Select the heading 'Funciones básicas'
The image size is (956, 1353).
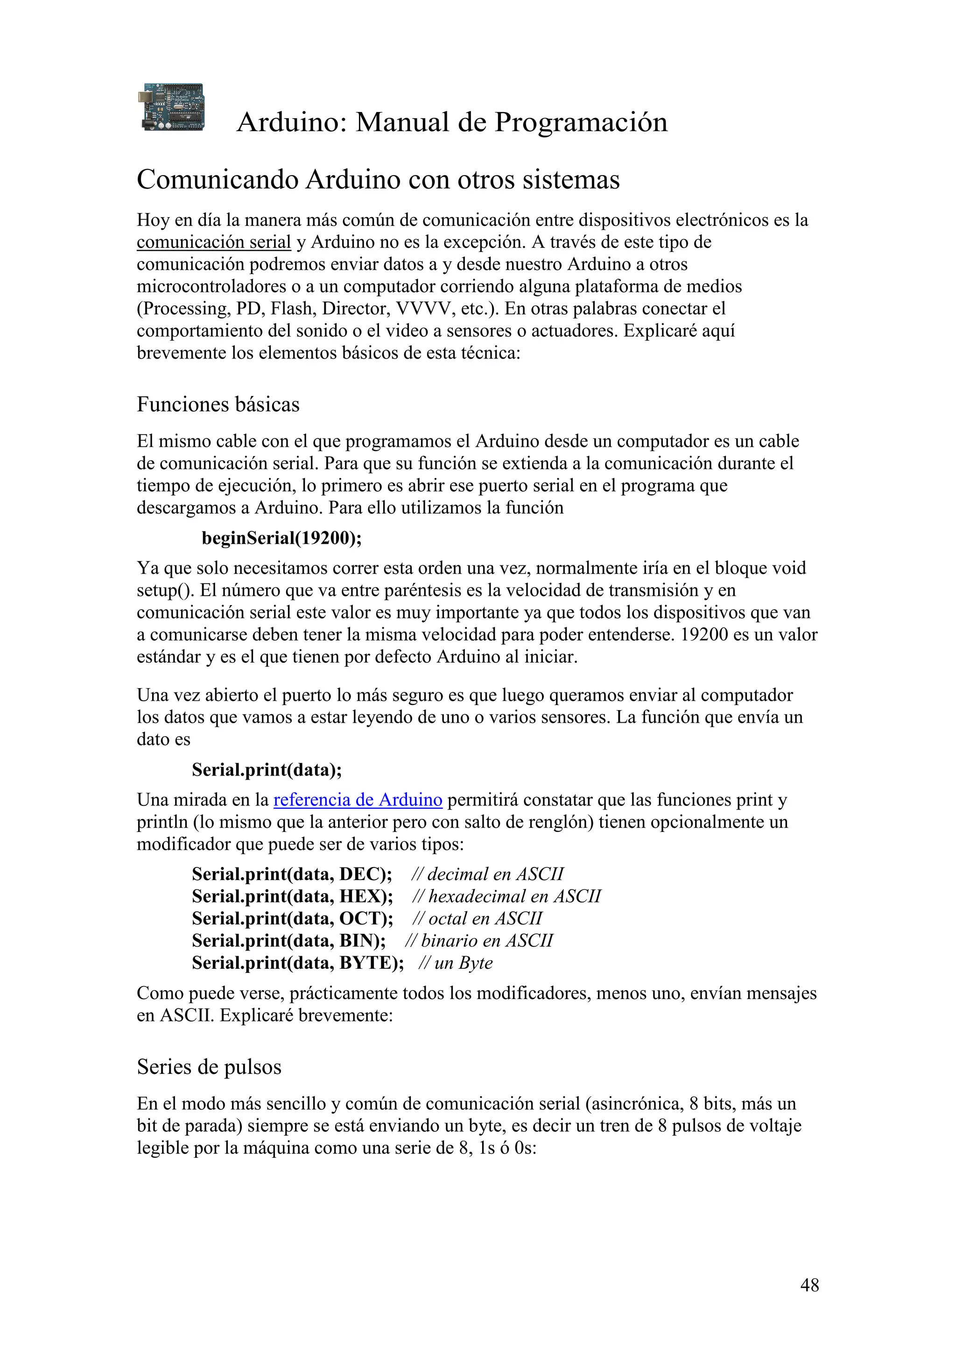(x=218, y=404)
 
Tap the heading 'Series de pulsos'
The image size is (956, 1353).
(x=209, y=1067)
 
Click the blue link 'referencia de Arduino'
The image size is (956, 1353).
(x=358, y=800)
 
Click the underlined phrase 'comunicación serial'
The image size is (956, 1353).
(x=214, y=242)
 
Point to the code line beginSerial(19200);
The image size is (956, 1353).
(x=281, y=538)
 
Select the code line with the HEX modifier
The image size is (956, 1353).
(x=292, y=896)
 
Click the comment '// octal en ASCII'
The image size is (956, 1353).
(x=477, y=918)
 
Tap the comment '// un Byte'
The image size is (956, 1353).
(x=455, y=962)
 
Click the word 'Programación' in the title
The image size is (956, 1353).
(x=581, y=123)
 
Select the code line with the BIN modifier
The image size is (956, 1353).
(x=288, y=940)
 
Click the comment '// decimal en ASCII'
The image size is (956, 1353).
(x=487, y=874)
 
